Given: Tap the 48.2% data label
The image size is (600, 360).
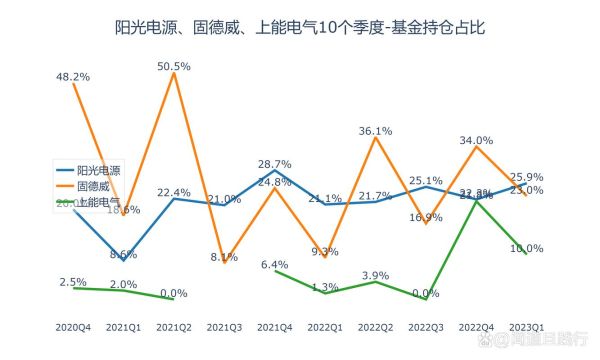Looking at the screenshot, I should [74, 75].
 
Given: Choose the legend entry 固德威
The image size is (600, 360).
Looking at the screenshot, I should [93, 185].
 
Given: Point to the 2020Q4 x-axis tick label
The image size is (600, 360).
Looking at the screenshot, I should [74, 326].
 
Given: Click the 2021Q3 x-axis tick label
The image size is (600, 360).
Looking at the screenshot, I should [224, 326].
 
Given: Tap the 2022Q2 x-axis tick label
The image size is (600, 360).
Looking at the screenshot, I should [374, 326].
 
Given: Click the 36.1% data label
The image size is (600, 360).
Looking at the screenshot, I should [374, 130].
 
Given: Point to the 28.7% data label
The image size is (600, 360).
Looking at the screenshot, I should [274, 164].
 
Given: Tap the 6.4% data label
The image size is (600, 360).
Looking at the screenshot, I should [274, 264].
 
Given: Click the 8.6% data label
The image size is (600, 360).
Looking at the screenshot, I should [124, 254].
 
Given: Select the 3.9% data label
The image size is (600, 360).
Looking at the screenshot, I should [374, 275].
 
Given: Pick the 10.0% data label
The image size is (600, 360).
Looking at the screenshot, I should [527, 248].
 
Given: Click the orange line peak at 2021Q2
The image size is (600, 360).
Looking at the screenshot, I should [174, 74].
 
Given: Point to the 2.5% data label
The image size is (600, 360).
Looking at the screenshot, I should [74, 281].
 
